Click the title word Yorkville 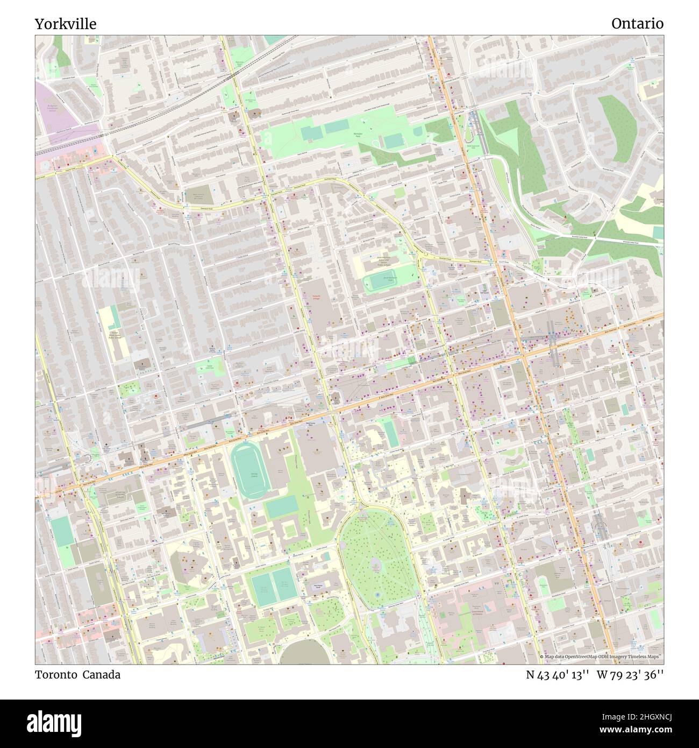point(66,24)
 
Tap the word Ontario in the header point(637,24)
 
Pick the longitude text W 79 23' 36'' point(630,674)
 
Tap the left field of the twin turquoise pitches point(258,587)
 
